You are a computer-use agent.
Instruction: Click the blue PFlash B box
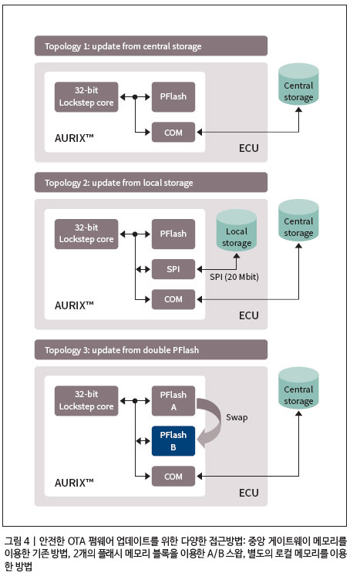(x=173, y=441)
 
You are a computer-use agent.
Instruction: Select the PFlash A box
(x=173, y=401)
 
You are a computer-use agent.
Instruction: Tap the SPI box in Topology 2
(x=173, y=269)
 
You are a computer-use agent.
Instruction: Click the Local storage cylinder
(x=237, y=231)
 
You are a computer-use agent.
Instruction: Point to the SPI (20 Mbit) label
(x=234, y=277)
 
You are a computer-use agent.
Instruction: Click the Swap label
(x=237, y=417)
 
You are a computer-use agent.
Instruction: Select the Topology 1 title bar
(x=151, y=45)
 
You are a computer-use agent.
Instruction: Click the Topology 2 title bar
(x=151, y=182)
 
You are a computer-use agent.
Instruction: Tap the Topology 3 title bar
(x=151, y=349)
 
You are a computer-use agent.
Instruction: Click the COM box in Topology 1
(x=173, y=132)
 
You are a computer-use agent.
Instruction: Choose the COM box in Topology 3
(x=173, y=476)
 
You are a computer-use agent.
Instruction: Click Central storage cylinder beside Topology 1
(x=298, y=84)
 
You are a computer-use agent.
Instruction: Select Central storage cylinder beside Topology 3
(x=298, y=389)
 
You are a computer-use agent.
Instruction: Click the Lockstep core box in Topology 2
(x=86, y=234)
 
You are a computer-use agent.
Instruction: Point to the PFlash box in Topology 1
(x=173, y=96)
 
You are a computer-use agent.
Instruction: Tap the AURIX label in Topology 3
(x=74, y=483)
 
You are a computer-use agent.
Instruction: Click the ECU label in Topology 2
(x=248, y=315)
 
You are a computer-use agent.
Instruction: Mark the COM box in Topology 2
(x=173, y=299)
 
